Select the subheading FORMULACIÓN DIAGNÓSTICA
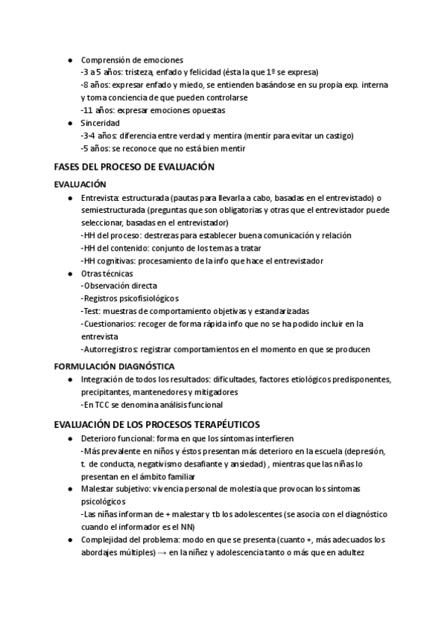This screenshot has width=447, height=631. tap(115, 366)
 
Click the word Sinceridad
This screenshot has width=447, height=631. tap(101, 123)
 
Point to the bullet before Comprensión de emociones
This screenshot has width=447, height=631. tap(69, 60)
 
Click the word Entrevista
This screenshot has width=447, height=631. tap(100, 198)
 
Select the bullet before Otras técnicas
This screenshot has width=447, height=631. tap(69, 273)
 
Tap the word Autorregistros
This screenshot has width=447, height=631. tap(109, 349)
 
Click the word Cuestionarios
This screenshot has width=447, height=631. tap(109, 324)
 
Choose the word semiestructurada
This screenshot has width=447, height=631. tap(115, 211)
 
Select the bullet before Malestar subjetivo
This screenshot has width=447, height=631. tap(69, 489)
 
